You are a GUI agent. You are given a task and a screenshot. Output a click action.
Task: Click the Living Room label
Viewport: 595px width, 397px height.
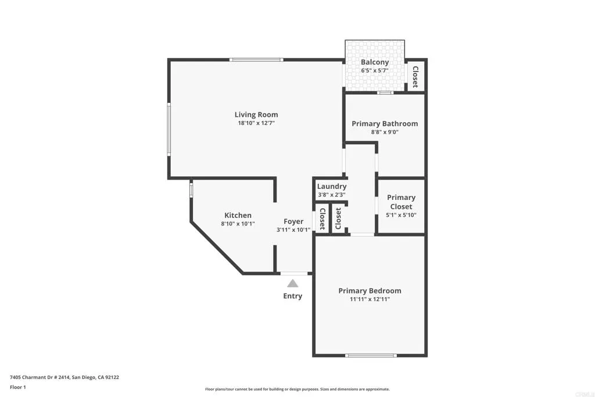(256, 115)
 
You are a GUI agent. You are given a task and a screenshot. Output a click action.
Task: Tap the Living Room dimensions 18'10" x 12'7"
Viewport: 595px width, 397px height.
(256, 123)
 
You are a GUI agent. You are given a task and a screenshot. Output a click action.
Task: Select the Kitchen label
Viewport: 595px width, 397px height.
(238, 215)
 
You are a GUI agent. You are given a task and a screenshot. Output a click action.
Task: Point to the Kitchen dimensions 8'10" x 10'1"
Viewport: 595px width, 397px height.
(238, 224)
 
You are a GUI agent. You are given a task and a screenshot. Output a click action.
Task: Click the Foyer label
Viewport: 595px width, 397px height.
(293, 221)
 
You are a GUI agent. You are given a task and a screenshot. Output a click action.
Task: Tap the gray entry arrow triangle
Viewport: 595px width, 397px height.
(293, 283)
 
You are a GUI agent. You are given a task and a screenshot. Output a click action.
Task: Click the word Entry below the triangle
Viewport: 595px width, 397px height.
(293, 296)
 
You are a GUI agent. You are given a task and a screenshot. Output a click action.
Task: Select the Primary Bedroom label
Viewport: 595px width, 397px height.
(370, 291)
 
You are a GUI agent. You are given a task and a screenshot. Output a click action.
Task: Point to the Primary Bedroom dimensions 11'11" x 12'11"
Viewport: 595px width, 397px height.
(370, 299)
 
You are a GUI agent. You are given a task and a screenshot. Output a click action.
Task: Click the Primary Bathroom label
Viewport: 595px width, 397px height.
(385, 123)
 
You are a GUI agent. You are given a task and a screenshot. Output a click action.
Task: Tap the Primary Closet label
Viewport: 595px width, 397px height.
(402, 202)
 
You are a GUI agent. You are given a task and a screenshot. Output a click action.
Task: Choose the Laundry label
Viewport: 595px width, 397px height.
(332, 187)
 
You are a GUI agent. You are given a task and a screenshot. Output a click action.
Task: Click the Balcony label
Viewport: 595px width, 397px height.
(375, 62)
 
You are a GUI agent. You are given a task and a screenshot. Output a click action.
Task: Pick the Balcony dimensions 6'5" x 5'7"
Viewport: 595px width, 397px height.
(375, 70)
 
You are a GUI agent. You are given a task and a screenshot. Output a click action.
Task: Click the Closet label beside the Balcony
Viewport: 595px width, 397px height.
(415, 77)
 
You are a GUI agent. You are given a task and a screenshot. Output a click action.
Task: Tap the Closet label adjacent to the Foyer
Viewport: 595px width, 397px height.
(322, 219)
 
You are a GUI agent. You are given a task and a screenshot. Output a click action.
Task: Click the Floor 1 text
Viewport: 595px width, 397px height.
(18, 387)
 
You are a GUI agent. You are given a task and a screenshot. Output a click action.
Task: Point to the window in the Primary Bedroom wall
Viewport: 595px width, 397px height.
(371, 355)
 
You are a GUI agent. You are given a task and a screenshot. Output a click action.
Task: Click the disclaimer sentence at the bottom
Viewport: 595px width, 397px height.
(297, 389)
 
